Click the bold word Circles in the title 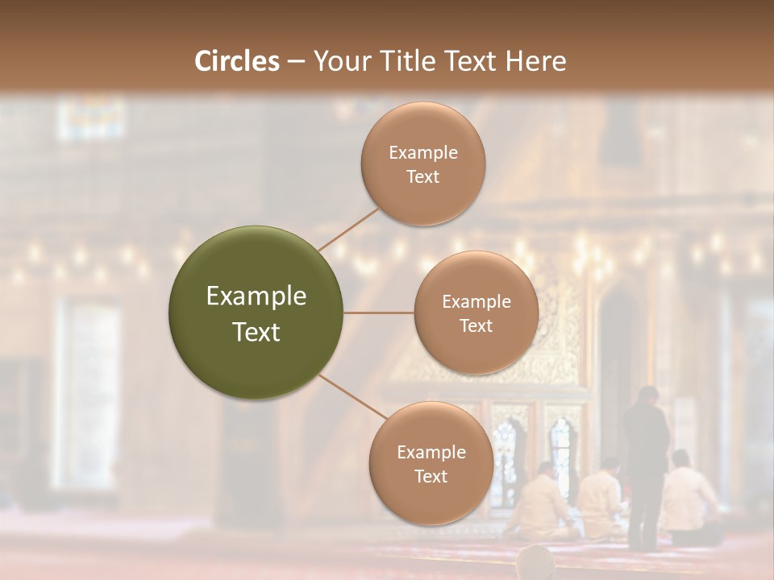point(237,61)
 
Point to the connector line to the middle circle point(379,313)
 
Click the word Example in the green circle point(256,296)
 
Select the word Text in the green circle point(256,332)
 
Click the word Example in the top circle point(423,153)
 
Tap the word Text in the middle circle point(476,326)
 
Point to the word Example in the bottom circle point(431,453)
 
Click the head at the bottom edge point(535,564)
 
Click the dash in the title point(296,62)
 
